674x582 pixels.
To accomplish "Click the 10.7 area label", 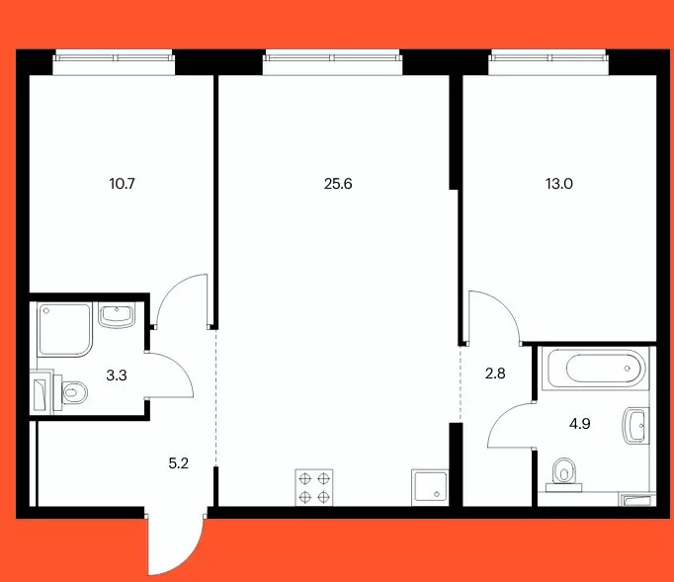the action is (123, 184).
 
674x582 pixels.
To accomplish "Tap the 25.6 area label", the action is (338, 184).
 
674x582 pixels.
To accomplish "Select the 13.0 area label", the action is (558, 184).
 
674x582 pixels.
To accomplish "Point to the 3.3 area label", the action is (117, 375).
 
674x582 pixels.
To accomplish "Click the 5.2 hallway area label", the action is (179, 463).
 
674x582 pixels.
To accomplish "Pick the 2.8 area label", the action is (495, 374).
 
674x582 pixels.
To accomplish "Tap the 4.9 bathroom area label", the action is (580, 424).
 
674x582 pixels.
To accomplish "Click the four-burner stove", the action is (314, 487).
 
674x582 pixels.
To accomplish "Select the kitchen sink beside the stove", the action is (430, 487).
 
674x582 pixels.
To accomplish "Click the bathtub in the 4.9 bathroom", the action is (595, 369).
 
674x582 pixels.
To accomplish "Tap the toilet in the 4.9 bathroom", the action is (564, 474).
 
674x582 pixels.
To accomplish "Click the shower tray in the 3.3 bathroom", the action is (65, 330).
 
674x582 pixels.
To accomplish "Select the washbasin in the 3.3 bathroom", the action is (117, 314).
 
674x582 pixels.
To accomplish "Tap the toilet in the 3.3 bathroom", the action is (70, 392).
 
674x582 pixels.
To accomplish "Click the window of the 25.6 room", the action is (332, 62).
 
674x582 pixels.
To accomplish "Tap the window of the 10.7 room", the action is (114, 62).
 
